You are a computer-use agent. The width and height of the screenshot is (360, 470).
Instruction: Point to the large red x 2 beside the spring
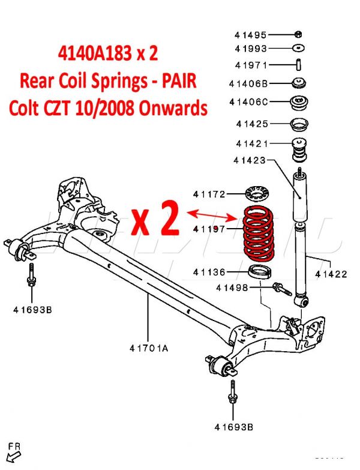155,221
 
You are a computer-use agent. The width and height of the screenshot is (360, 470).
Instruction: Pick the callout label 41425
251,125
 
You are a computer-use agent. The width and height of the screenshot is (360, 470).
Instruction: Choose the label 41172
209,194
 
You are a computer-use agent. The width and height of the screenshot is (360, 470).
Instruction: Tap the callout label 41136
209,272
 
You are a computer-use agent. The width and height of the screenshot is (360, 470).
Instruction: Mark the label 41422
331,274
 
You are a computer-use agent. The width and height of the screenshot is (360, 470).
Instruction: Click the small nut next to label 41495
298,34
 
